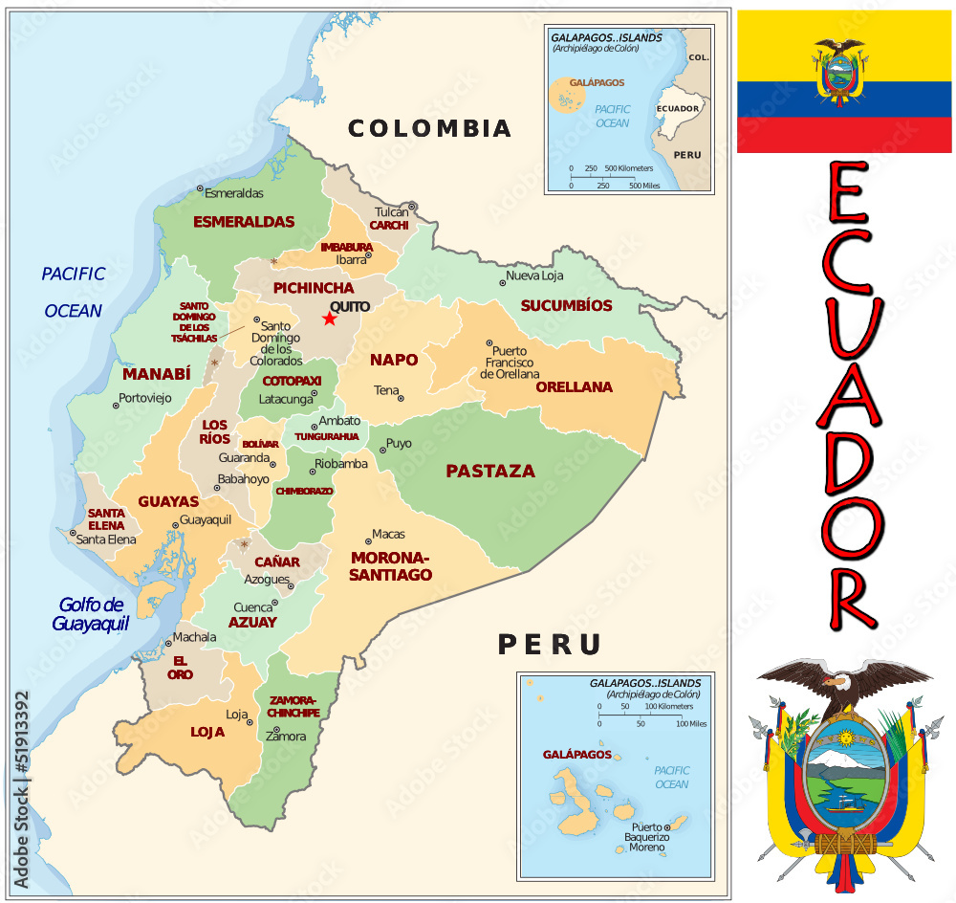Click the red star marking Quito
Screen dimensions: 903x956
point(330,319)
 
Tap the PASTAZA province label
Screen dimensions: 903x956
point(489,471)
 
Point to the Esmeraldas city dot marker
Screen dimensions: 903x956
point(200,189)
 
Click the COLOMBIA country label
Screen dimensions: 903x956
point(429,128)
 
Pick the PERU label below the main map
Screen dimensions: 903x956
point(549,645)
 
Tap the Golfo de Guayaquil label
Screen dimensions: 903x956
point(91,614)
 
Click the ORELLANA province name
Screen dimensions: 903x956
point(574,387)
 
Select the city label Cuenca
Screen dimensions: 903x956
point(252,606)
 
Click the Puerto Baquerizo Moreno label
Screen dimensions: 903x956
point(646,837)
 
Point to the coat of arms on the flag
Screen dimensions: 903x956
point(841,72)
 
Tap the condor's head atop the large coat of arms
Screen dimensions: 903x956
point(837,682)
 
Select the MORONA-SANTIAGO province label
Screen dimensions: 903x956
point(390,566)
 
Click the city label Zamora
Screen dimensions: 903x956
point(286,736)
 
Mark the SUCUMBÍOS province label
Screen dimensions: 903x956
point(566,305)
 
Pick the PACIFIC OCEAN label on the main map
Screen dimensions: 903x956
point(73,292)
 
